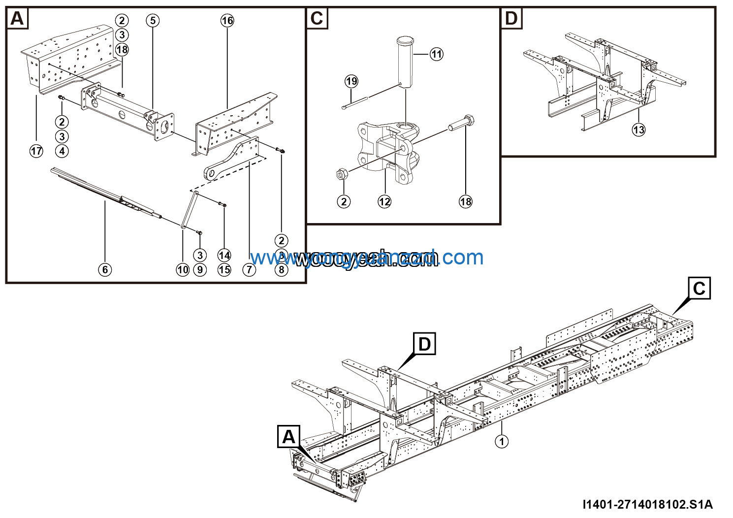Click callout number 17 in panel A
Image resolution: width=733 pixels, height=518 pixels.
tap(36, 151)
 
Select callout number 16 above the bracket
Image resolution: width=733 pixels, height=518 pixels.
tap(227, 21)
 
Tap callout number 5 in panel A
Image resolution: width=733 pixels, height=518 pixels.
tap(153, 21)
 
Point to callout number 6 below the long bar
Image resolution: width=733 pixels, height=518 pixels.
tap(105, 269)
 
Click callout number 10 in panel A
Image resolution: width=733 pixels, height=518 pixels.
tap(183, 269)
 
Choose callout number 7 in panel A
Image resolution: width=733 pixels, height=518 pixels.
tap(250, 269)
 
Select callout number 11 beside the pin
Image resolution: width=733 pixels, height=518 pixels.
tap(437, 54)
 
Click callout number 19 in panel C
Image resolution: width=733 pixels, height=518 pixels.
tap(351, 81)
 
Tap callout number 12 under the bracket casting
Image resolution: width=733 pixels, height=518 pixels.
tap(384, 201)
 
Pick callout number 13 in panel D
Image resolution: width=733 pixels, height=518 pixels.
tap(638, 130)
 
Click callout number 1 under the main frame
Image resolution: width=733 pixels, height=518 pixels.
tap(502, 441)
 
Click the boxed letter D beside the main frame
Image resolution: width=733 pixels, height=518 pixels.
tap(424, 344)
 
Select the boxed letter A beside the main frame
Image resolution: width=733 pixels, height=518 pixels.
tap(289, 436)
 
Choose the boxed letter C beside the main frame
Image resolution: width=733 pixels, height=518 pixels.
tap(699, 288)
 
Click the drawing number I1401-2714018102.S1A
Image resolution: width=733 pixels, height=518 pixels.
tap(647, 504)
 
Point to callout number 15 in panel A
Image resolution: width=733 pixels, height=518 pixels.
tap(224, 269)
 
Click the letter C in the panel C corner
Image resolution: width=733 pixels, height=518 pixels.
tap(317, 19)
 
